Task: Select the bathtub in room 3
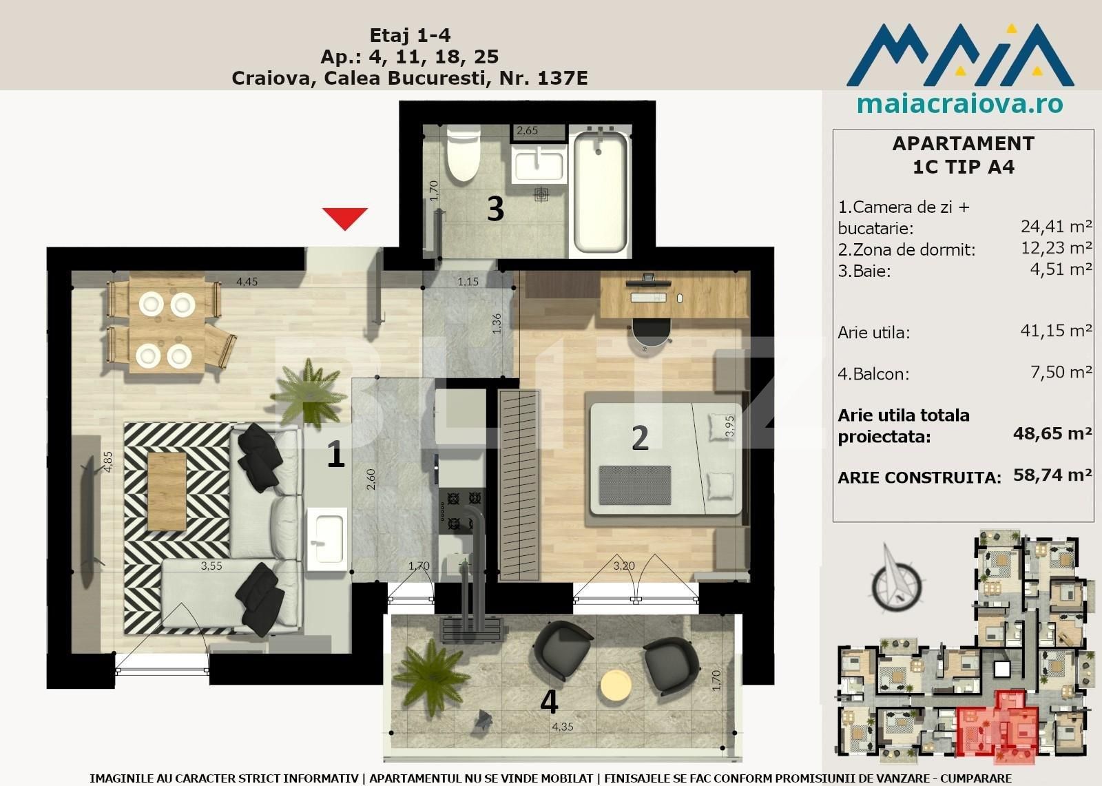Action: [x=600, y=193]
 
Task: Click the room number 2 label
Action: [x=640, y=438]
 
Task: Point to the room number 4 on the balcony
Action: [x=548, y=702]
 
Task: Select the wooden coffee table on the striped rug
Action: [x=167, y=490]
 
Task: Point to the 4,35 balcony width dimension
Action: [x=562, y=727]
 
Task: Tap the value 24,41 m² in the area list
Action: [x=1056, y=226]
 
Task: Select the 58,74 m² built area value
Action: [x=1052, y=475]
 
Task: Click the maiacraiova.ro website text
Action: [x=959, y=105]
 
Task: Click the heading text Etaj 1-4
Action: [x=410, y=35]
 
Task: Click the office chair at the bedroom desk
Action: [x=651, y=335]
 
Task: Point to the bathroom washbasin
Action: [x=538, y=165]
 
